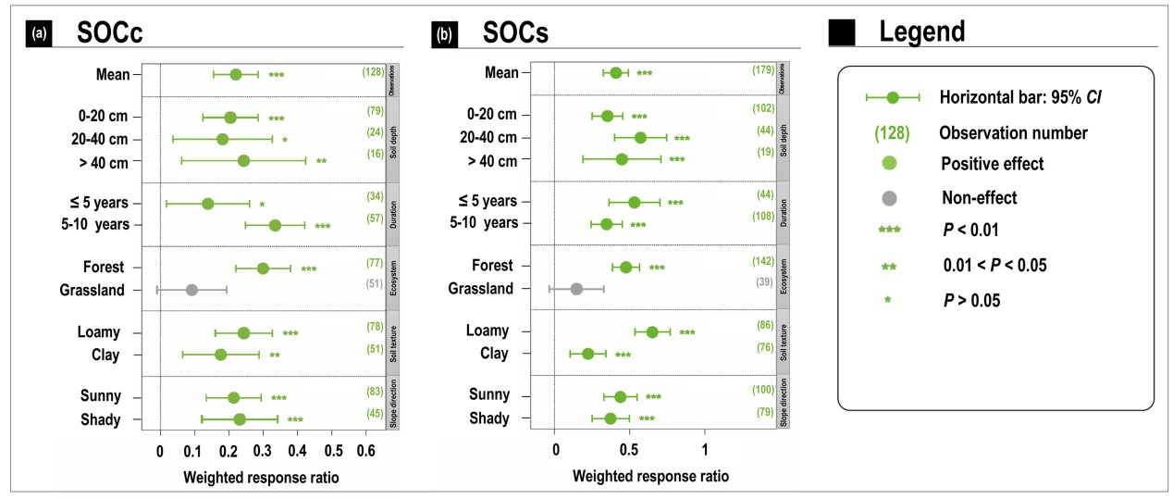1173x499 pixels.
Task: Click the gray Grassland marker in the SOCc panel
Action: (x=191, y=290)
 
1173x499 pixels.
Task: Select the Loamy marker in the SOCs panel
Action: (x=652, y=332)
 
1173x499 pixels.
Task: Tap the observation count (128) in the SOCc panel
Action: (x=373, y=71)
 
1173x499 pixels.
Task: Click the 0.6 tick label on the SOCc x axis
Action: (x=365, y=453)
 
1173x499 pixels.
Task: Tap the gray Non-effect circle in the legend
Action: (x=892, y=197)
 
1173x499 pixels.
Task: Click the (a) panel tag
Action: (x=40, y=34)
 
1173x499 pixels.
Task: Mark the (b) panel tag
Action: (x=444, y=34)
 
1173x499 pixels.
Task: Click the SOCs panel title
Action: (x=516, y=32)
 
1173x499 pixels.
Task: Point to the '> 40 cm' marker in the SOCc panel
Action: (x=243, y=161)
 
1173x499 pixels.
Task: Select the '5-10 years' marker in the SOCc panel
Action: (x=275, y=225)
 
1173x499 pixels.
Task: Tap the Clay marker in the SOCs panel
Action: (x=587, y=354)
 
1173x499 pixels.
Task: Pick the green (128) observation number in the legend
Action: (x=892, y=131)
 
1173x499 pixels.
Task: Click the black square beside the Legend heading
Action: (x=842, y=33)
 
